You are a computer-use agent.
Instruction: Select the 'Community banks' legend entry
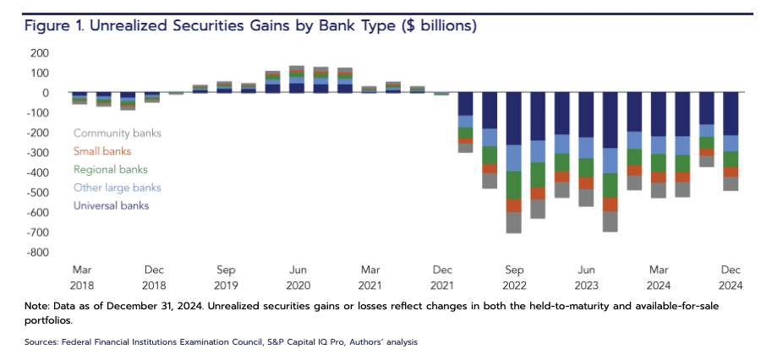(x=117, y=133)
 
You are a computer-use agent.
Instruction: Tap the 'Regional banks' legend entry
(x=111, y=169)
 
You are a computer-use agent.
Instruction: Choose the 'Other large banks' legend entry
(x=117, y=188)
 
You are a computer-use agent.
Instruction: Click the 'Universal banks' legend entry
(x=112, y=205)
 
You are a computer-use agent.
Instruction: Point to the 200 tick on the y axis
(x=40, y=53)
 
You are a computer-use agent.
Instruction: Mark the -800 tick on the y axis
(x=38, y=253)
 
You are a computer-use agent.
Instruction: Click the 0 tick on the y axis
(x=46, y=93)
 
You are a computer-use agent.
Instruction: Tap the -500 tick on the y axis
(x=38, y=193)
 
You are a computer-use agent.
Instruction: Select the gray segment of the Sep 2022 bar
(x=513, y=222)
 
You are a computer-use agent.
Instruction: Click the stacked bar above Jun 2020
(x=297, y=79)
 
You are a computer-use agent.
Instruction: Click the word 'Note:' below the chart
(x=41, y=305)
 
